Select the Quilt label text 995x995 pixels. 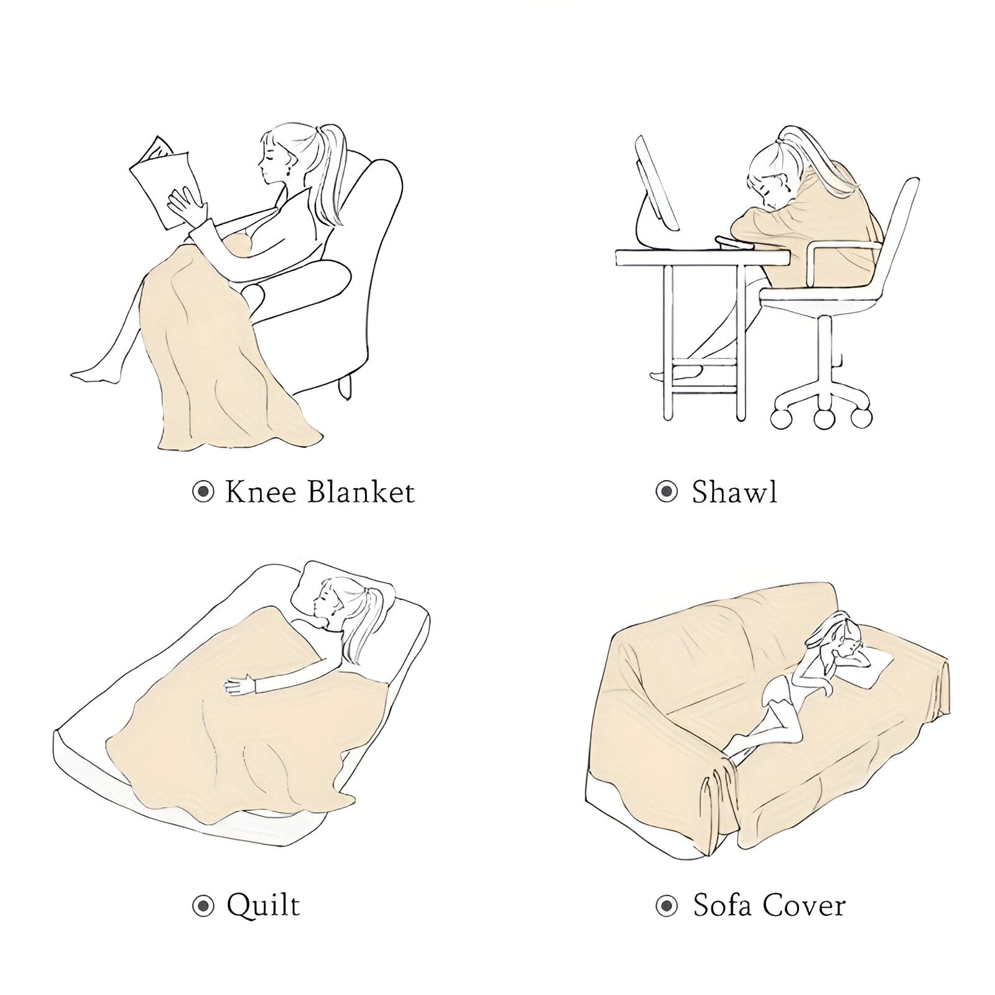pos(263,906)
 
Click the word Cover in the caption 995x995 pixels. pos(804,905)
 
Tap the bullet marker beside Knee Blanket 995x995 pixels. pos(203,493)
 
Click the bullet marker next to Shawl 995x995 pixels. pos(667,493)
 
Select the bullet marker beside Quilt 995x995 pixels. pos(203,906)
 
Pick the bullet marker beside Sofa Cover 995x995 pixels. pos(667,906)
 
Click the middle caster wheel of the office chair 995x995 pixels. pos(823,417)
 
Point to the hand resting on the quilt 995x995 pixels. pos(239,685)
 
